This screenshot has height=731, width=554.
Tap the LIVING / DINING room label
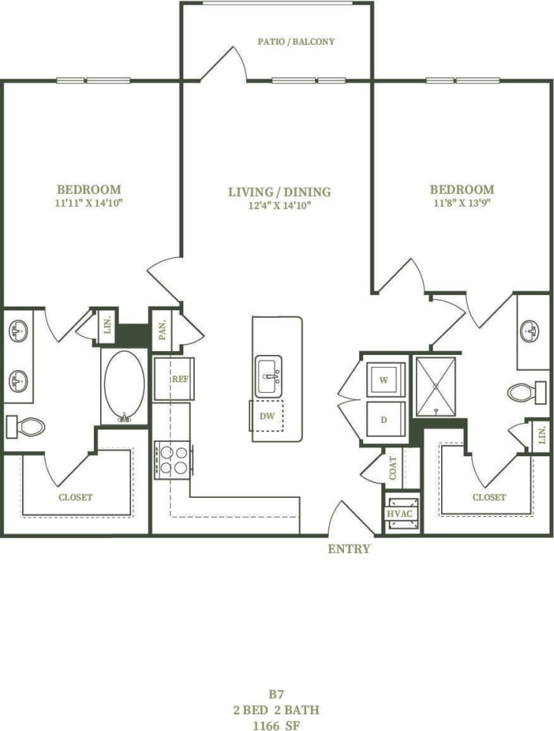[x=280, y=192]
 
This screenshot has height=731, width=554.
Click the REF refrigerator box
[x=174, y=378]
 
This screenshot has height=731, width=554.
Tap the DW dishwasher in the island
[x=268, y=416]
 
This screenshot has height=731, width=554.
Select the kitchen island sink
[x=268, y=375]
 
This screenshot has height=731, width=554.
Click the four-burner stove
[x=173, y=459]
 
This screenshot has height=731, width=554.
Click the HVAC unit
[x=399, y=514]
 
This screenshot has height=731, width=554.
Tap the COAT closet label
[x=393, y=468]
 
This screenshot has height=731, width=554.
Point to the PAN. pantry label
[x=162, y=329]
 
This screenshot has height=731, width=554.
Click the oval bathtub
[x=124, y=386]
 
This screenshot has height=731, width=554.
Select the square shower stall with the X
[x=436, y=386]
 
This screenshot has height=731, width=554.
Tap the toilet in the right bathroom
[x=527, y=392]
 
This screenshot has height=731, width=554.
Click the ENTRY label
[x=349, y=549]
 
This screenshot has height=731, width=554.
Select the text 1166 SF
[x=277, y=724]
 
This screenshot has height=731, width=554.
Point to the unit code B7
[x=277, y=694]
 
